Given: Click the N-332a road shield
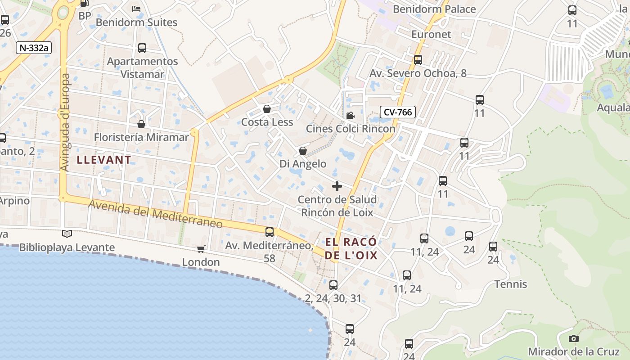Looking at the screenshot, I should coord(34,48).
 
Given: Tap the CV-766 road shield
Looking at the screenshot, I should coord(397,112).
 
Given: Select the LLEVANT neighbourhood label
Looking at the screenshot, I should coord(104,159).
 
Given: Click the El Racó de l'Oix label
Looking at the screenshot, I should coord(351,249).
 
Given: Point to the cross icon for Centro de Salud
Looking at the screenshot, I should coord(337,186).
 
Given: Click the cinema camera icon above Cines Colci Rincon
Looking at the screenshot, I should coord(350,116).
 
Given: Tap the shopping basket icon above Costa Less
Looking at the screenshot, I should coord(267,109).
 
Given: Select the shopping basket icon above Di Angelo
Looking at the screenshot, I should coord(303,151).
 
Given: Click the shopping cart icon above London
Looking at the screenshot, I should coord(201,249).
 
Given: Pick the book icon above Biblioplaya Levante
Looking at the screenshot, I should coord(67,234).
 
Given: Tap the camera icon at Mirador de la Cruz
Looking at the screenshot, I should coord(573,338).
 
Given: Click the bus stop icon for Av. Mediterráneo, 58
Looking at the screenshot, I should coord(269,232).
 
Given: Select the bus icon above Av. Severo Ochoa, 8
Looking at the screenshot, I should coord(418,60).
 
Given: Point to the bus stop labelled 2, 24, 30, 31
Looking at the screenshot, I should coord(333,285).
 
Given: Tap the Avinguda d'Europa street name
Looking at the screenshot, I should coord(65,122).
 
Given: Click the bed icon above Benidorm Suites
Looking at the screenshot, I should coord(136,9).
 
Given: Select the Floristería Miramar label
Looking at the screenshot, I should coord(141,137).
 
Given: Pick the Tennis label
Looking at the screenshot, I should coord(511,284).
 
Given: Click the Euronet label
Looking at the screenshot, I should coord(431,34).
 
